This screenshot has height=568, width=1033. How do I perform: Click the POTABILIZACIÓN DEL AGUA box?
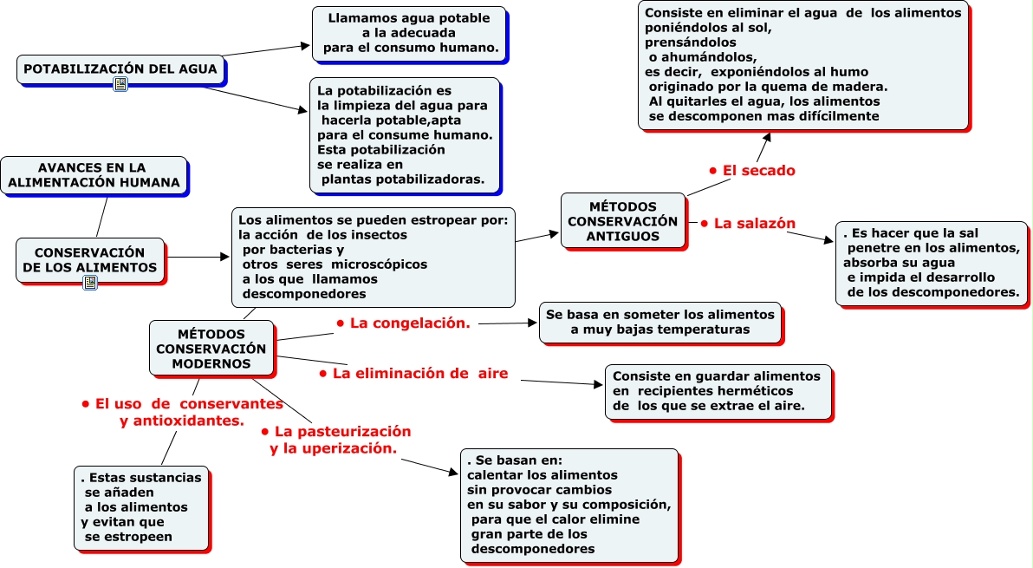[120, 69]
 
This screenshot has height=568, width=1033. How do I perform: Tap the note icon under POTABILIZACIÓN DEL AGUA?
[120, 84]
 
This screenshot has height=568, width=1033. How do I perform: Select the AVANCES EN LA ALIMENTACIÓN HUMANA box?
[94, 174]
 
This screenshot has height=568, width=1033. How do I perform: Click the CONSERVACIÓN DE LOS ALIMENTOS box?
[90, 259]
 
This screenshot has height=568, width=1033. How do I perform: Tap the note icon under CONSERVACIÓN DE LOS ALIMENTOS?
[90, 283]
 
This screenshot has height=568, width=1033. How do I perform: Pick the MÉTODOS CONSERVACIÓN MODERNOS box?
[211, 349]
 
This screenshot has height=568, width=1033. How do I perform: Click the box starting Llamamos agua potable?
[410, 34]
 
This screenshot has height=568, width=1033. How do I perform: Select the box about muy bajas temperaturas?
[659, 322]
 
